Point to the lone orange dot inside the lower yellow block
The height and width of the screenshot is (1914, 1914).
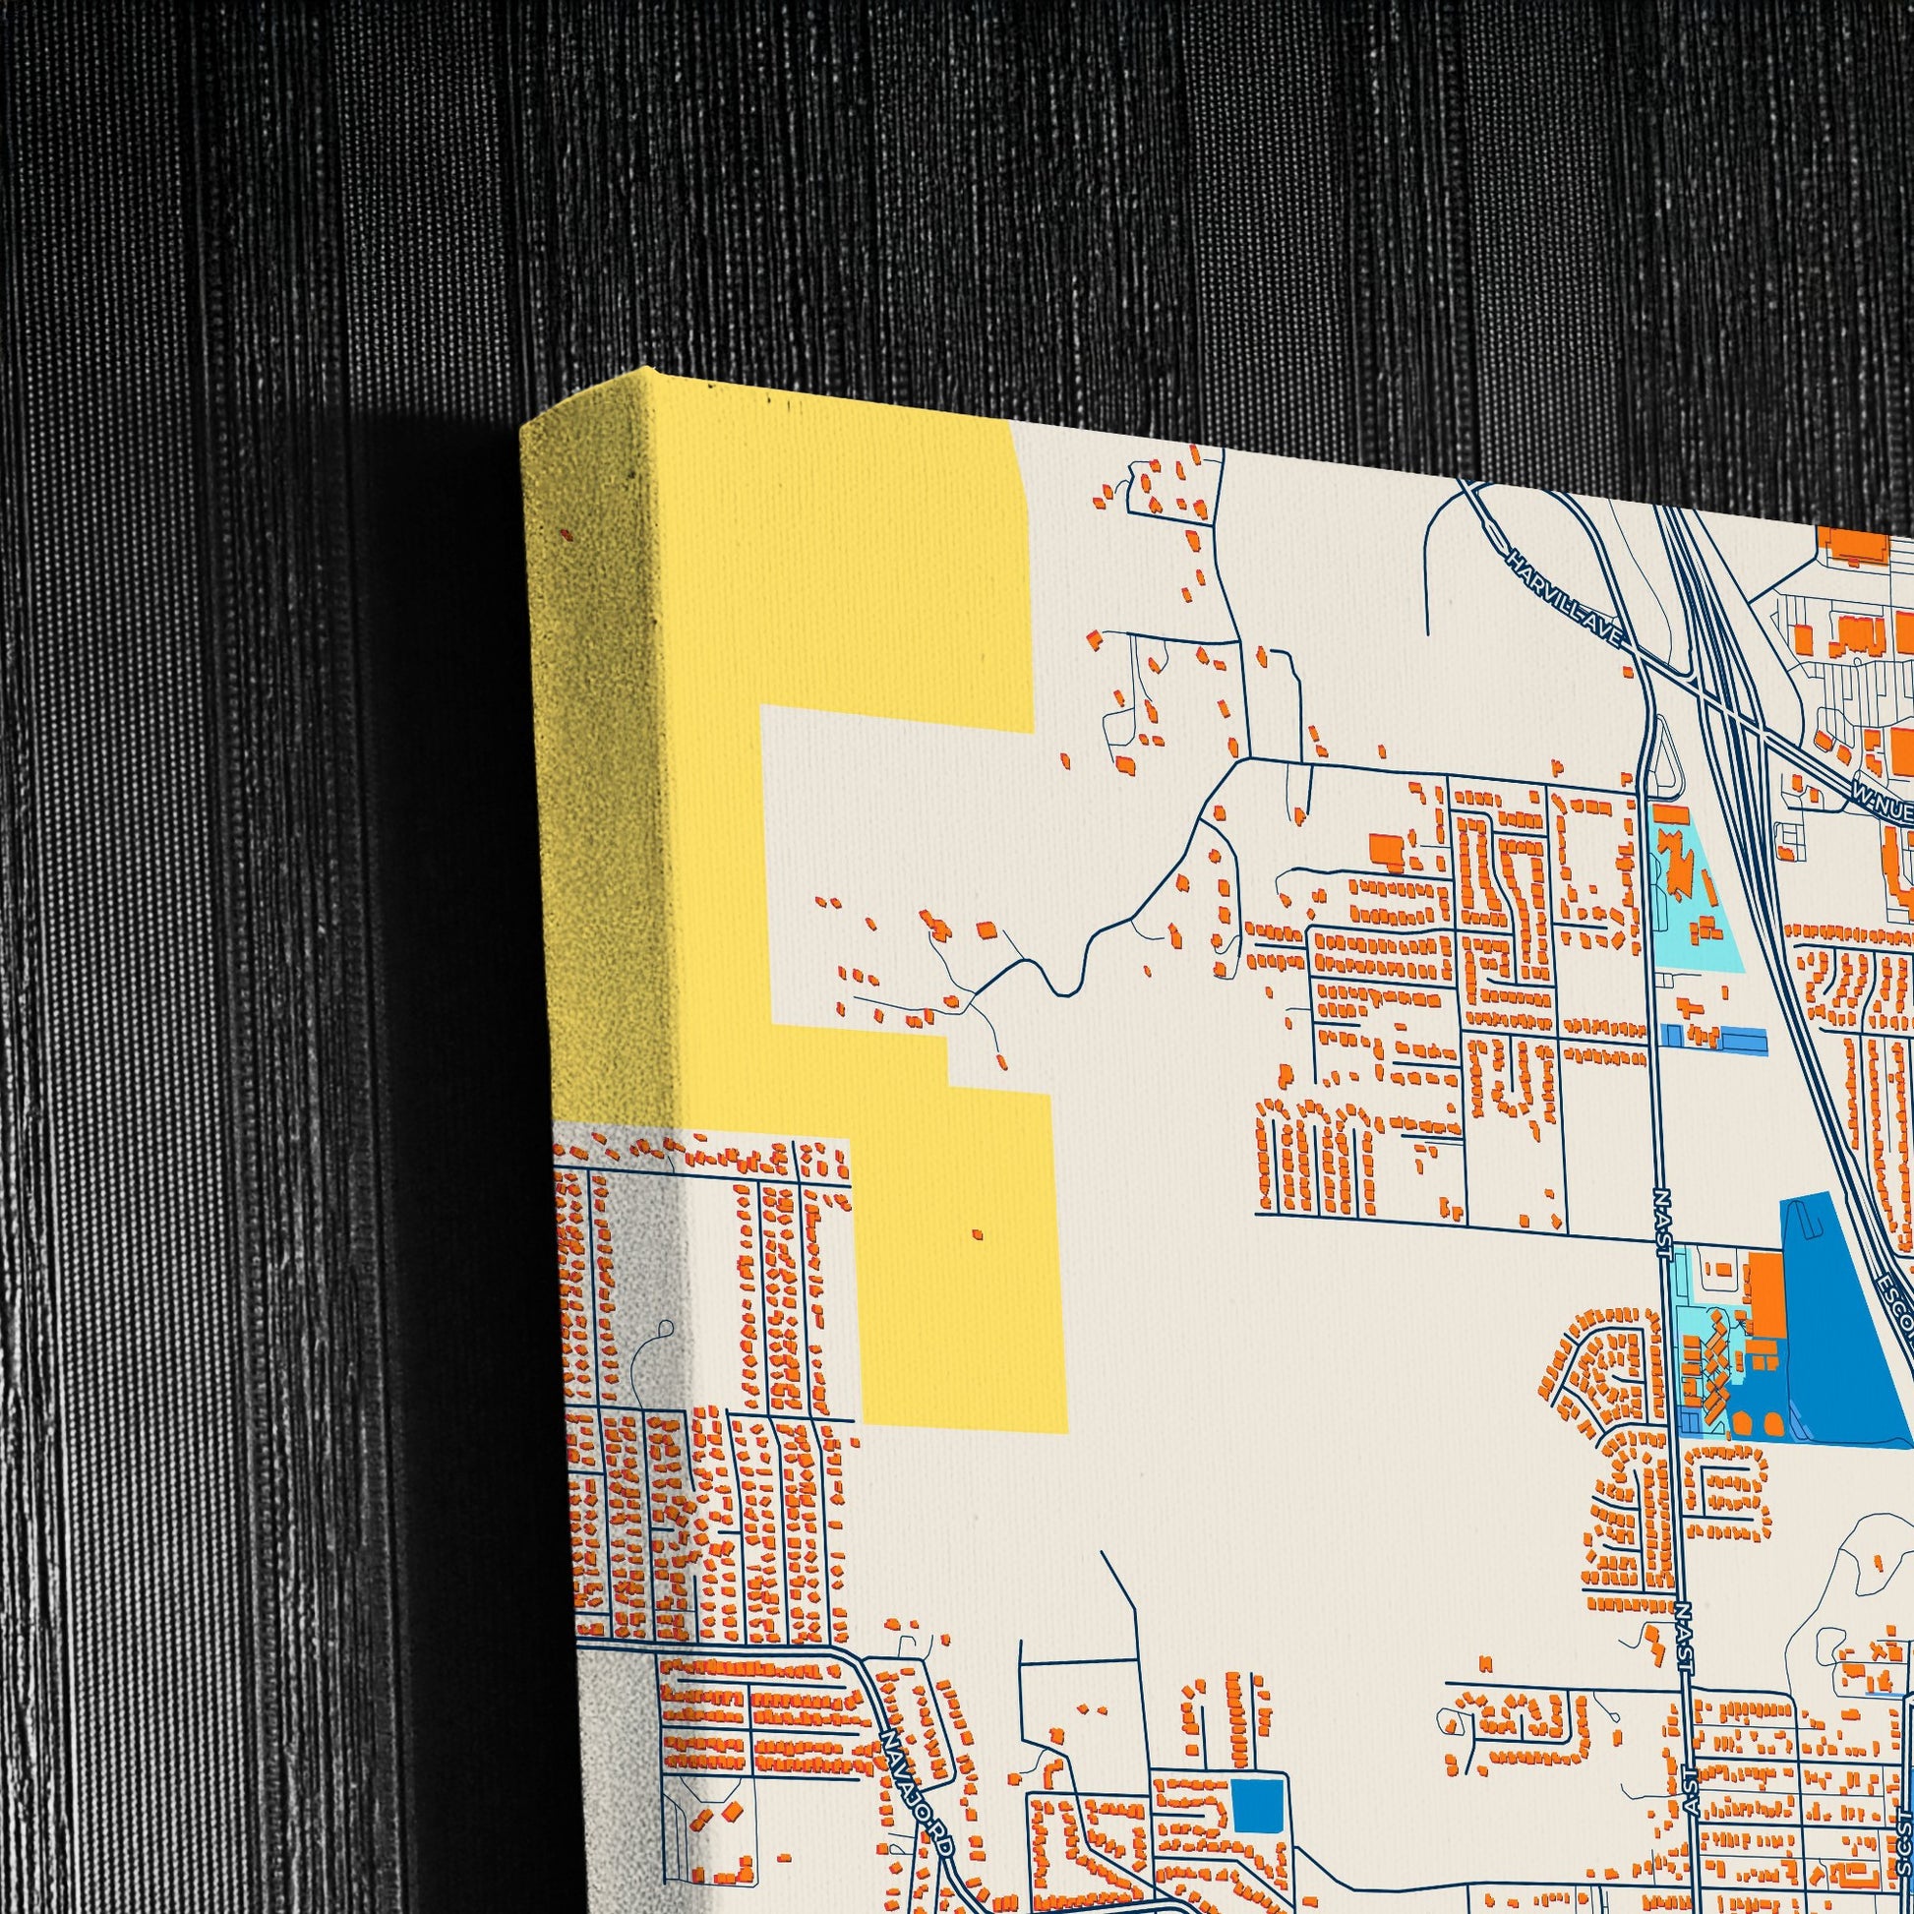tap(977, 1234)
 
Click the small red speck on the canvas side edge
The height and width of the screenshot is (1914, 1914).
tap(567, 535)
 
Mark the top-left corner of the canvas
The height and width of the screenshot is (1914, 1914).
tap(522, 428)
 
